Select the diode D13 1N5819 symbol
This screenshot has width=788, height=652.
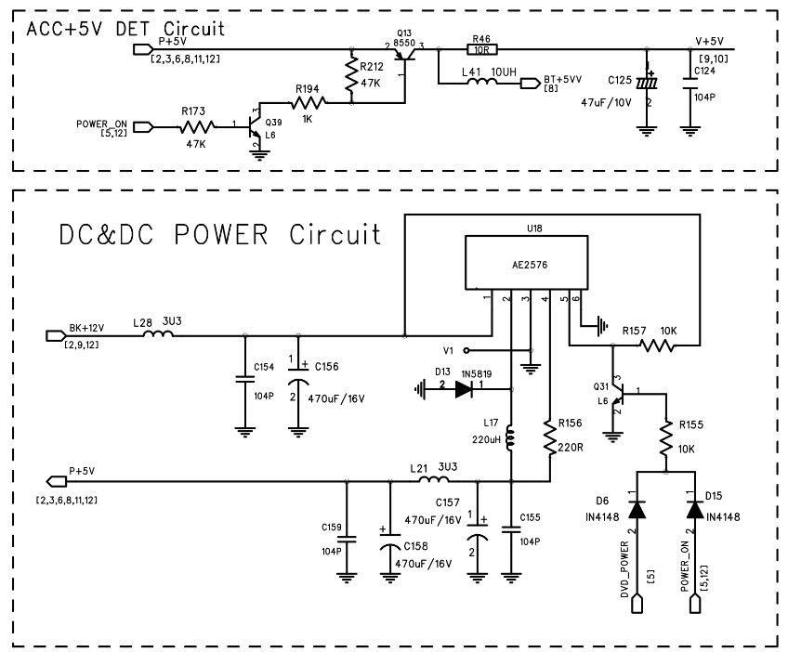click(x=464, y=390)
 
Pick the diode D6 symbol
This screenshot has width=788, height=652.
click(x=638, y=509)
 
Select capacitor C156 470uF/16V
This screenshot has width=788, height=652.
click(x=298, y=382)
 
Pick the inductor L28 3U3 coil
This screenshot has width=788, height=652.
click(x=158, y=333)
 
